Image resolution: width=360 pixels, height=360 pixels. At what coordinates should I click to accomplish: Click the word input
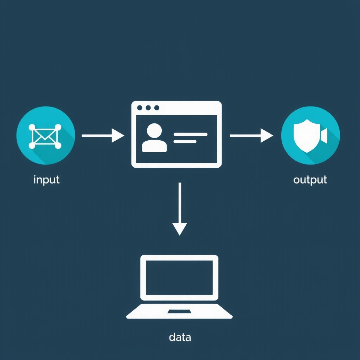(46, 180)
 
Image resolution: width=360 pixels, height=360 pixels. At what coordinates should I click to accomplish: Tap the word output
(310, 180)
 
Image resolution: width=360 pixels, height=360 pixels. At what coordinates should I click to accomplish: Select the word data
(180, 337)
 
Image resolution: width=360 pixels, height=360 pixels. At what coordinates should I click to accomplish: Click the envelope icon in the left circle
(45, 136)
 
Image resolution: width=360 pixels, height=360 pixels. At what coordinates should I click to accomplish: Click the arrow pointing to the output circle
(251, 135)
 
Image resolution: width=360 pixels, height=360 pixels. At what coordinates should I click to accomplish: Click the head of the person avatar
(154, 131)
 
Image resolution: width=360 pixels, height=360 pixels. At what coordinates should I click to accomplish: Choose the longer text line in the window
(191, 134)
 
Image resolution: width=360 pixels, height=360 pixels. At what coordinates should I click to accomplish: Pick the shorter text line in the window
(185, 142)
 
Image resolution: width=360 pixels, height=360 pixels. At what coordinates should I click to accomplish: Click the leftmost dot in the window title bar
(140, 108)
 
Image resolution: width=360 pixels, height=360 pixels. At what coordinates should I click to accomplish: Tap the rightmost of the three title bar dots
(157, 108)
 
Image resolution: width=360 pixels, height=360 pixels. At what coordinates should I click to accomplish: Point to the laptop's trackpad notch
(179, 311)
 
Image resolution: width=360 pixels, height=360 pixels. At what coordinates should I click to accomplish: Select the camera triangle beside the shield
(324, 136)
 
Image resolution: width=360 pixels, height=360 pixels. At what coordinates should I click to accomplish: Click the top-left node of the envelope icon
(32, 127)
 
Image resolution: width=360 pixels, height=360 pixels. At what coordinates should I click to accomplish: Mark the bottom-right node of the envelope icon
(58, 146)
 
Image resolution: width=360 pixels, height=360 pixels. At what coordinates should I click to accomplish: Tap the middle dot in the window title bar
(148, 108)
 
